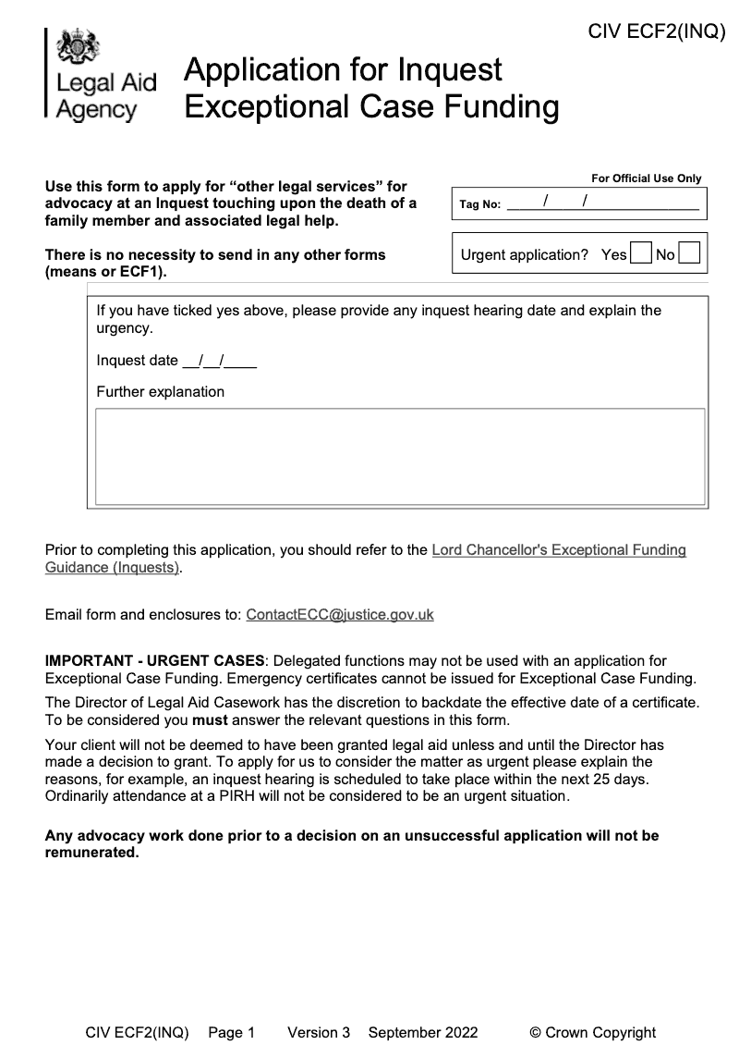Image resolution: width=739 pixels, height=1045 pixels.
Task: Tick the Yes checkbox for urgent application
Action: [640, 254]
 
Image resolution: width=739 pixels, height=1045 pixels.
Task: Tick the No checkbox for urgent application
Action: [689, 254]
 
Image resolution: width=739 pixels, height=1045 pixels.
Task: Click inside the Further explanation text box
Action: [400, 457]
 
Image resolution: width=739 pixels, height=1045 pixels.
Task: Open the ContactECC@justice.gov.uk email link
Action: [340, 614]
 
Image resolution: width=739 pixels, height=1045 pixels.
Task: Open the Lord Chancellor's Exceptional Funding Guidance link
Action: [559, 550]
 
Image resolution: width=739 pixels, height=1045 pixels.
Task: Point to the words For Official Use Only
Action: [646, 178]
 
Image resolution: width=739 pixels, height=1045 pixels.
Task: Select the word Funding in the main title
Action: [503, 107]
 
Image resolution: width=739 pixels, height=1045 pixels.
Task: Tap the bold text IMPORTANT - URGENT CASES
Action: [154, 660]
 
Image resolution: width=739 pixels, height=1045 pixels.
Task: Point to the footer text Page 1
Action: [231, 1033]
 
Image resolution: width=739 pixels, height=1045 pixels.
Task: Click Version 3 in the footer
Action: [319, 1033]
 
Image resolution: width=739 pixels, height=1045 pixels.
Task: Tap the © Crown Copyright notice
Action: [592, 1033]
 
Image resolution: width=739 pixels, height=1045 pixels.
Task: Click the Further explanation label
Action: [160, 391]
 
